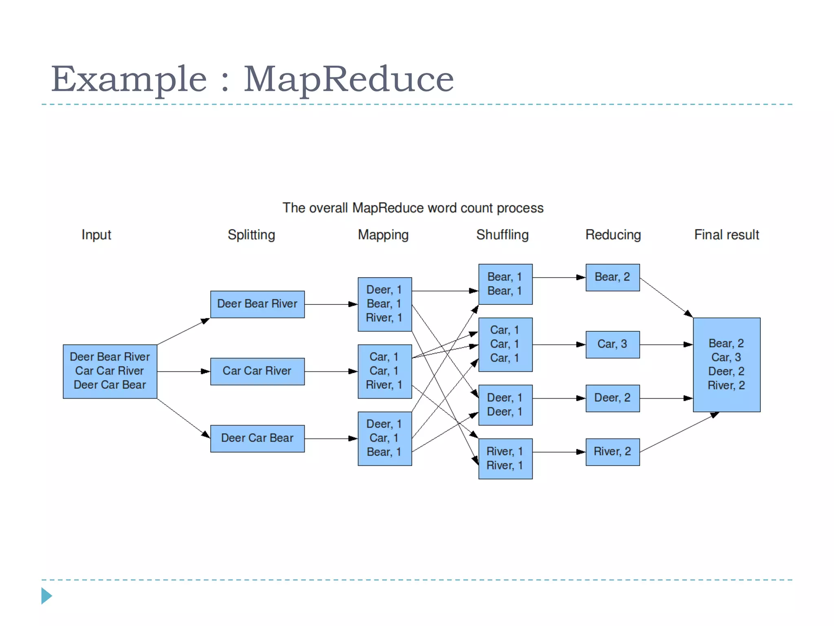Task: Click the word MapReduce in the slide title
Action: pyautogui.click(x=349, y=79)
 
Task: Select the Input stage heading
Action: pyautogui.click(x=96, y=235)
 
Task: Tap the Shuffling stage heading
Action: pyautogui.click(x=502, y=235)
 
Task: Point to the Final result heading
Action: pyautogui.click(x=726, y=235)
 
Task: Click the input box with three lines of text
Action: pyautogui.click(x=110, y=371)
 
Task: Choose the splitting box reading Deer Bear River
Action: pyautogui.click(x=257, y=304)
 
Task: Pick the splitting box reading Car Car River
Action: pyautogui.click(x=257, y=371)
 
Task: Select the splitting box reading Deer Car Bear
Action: pyautogui.click(x=257, y=439)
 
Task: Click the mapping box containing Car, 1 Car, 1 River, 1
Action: pyautogui.click(x=384, y=371)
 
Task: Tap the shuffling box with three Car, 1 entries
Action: pyautogui.click(x=505, y=344)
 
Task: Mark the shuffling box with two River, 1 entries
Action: pyautogui.click(x=505, y=458)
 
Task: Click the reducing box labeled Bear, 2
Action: pyautogui.click(x=612, y=278)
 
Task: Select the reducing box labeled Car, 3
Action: pyautogui.click(x=612, y=344)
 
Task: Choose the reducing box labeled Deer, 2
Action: pyautogui.click(x=612, y=398)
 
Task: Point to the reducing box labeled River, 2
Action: pyautogui.click(x=612, y=452)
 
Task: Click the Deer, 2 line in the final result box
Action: pyautogui.click(x=726, y=371)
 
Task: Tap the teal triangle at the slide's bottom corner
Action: pyautogui.click(x=46, y=596)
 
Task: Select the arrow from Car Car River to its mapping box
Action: pyautogui.click(x=331, y=371)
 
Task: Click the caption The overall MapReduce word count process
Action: pyautogui.click(x=413, y=208)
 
